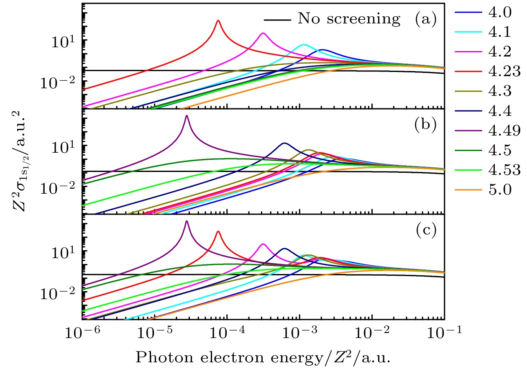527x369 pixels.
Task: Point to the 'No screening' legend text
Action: coord(349,19)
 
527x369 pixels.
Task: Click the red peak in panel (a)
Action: coord(218,21)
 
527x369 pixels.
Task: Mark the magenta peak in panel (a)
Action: coord(263,33)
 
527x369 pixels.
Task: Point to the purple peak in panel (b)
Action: coord(187,116)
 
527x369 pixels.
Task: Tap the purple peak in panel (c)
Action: coord(187,221)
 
